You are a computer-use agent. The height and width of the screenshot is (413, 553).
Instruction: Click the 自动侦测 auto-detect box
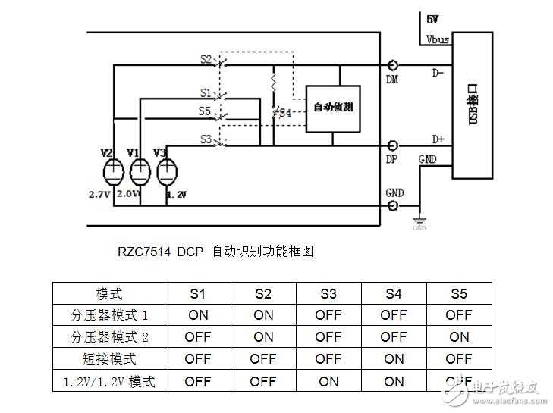pos(333,108)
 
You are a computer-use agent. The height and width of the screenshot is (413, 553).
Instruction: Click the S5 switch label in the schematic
pos(206,111)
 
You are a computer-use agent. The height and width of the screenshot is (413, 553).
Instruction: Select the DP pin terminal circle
pos(394,145)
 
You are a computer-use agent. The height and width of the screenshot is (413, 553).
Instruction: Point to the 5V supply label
pos(432,18)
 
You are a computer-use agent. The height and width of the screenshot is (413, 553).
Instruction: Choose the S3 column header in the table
pos(328,294)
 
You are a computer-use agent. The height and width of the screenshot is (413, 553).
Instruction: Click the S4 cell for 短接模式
pos(394,358)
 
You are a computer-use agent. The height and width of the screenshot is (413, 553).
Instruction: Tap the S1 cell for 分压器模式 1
pos(198,315)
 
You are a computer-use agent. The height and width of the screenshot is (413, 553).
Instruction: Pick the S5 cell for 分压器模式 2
pos(459,336)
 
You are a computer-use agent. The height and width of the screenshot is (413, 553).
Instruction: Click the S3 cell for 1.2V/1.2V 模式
pos(328,381)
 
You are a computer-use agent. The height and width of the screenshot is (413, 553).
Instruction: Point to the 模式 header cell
pos(109,294)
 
